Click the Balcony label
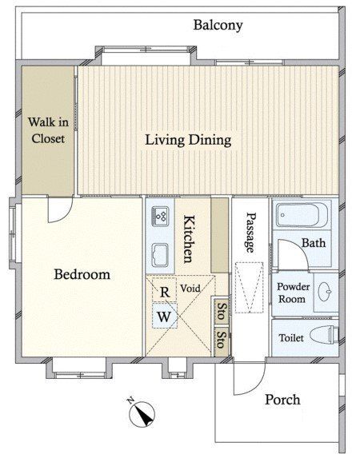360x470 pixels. click(218, 26)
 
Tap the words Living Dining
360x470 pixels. click(189, 140)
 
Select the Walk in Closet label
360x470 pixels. click(48, 130)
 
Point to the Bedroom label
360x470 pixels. click(82, 275)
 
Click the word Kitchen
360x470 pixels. click(188, 239)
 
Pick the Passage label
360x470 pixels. click(250, 233)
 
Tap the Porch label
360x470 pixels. click(282, 400)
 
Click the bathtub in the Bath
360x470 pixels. click(302, 214)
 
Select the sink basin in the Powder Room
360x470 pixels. click(325, 291)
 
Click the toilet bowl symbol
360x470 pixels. click(324, 334)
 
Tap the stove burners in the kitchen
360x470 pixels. click(161, 216)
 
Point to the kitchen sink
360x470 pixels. click(160, 255)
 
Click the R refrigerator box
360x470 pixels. click(164, 290)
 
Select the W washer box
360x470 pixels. click(165, 316)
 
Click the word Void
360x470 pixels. click(190, 289)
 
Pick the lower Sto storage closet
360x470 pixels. click(222, 340)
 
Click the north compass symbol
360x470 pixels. click(142, 414)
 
